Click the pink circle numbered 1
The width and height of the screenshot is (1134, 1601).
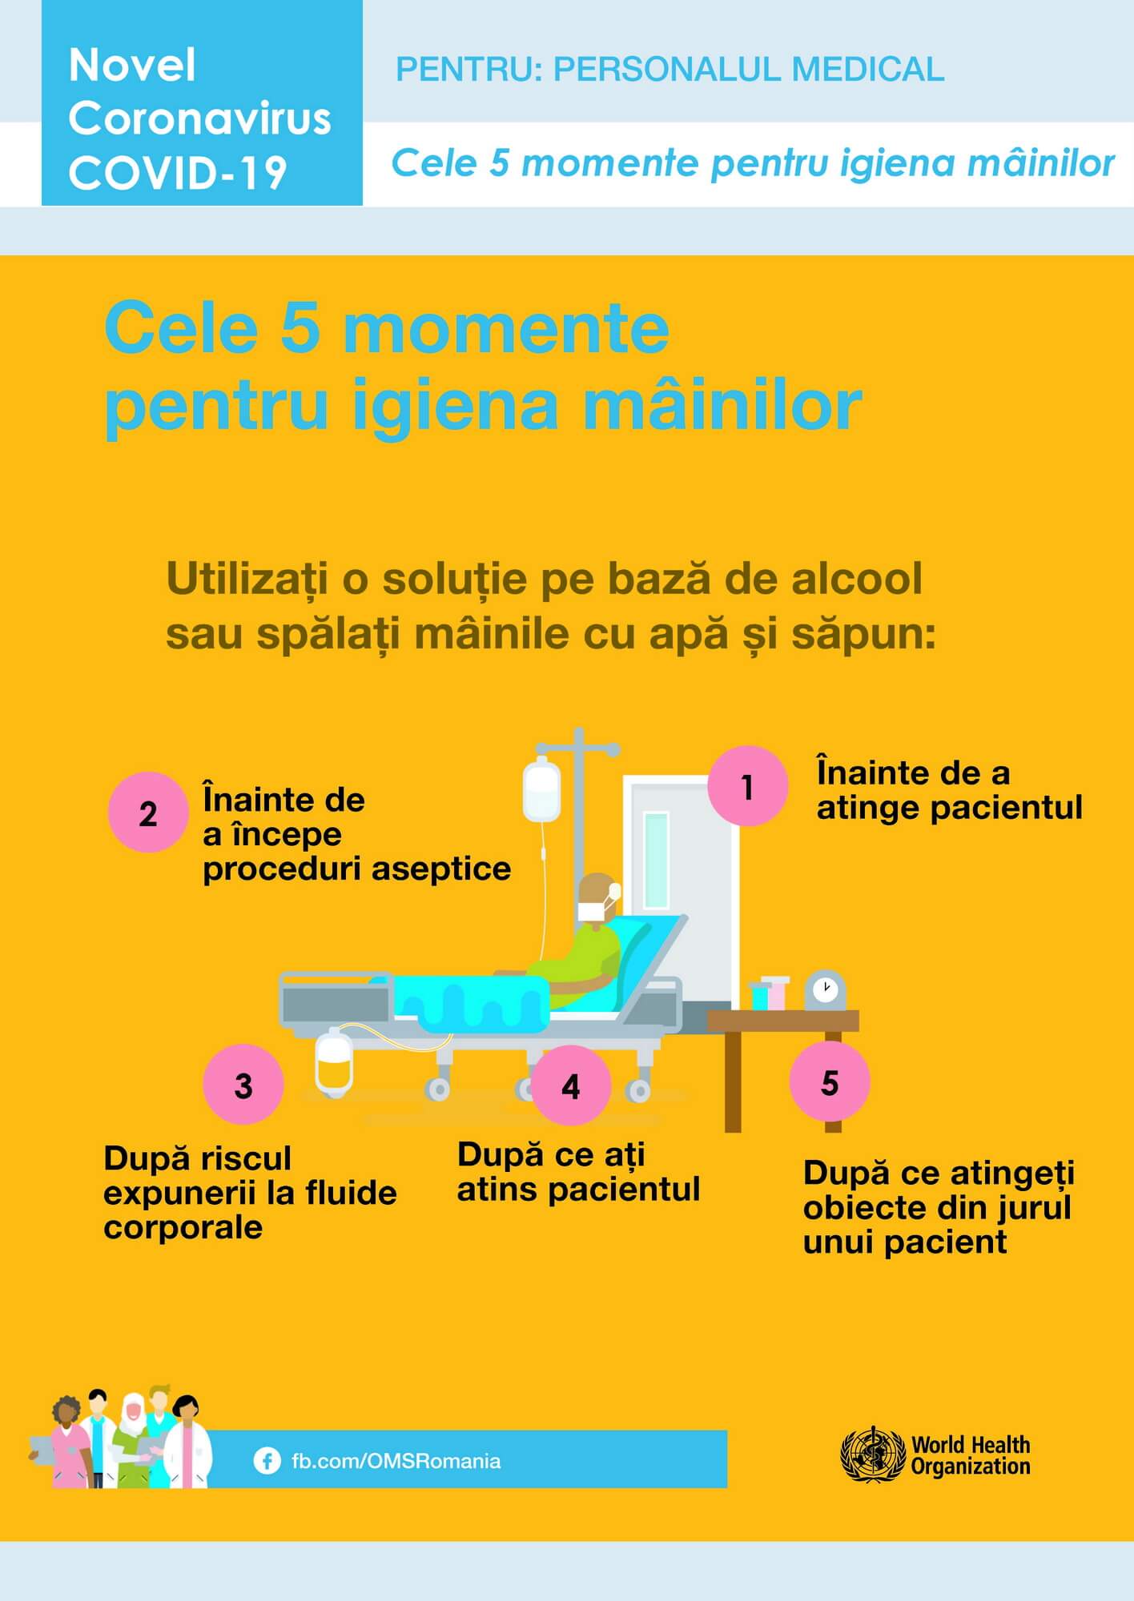[x=748, y=786]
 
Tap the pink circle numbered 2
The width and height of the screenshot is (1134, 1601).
[x=148, y=813]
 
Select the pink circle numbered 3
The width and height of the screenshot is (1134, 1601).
[x=243, y=1085]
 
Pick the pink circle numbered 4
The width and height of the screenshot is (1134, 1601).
[x=571, y=1085]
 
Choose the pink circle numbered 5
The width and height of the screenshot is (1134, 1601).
[x=830, y=1081]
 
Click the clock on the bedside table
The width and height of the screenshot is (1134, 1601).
[x=825, y=990]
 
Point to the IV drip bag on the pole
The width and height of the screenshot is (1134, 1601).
[x=541, y=791]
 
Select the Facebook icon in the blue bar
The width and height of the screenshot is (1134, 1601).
[x=267, y=1461]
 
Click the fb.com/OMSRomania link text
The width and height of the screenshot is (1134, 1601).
[x=396, y=1461]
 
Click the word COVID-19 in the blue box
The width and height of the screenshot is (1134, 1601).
[x=178, y=172]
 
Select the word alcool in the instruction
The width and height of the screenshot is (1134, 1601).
[x=857, y=579]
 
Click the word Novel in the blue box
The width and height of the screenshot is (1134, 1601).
[x=132, y=65]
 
